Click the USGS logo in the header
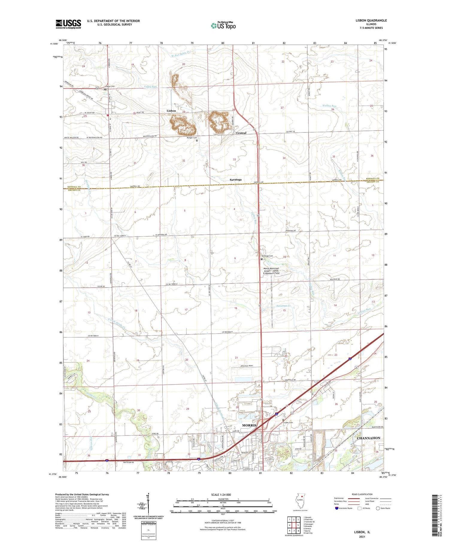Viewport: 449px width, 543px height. point(68,24)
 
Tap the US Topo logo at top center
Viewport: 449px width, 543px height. point(223,26)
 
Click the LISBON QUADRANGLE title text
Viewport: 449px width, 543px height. point(370,20)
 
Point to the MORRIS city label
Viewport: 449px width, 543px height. point(249,425)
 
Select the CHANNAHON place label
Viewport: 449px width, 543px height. point(368,438)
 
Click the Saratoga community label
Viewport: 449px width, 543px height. point(236,180)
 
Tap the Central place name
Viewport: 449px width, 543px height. point(241,133)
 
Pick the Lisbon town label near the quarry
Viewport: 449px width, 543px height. point(171,111)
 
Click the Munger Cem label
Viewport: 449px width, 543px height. point(192,138)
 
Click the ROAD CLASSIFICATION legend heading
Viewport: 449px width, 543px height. point(362,494)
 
